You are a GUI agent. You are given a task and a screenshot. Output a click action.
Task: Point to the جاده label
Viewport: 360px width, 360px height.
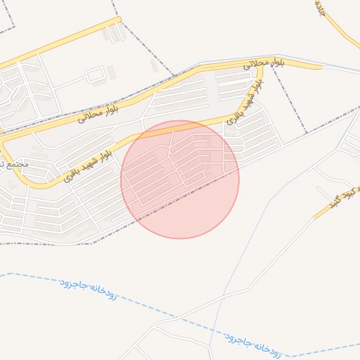(321, 8)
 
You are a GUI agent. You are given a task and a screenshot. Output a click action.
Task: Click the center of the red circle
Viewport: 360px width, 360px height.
(180, 179)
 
